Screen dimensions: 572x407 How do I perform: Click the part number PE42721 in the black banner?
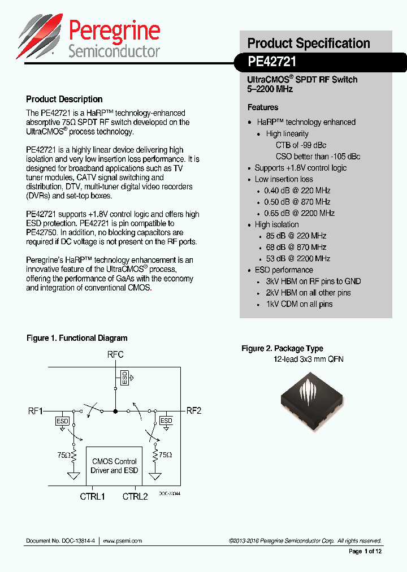[272, 62]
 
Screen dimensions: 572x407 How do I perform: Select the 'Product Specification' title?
[309, 44]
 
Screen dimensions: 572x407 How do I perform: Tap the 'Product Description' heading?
[64, 99]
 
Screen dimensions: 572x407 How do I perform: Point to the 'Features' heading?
[263, 107]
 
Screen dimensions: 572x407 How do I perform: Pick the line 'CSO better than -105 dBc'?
[318, 157]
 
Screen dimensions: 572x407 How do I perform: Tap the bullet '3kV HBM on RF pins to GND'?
[313, 281]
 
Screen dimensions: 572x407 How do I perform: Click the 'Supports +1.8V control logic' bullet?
[300, 168]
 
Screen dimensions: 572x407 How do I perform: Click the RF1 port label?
[36, 410]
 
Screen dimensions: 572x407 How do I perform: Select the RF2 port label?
[194, 410]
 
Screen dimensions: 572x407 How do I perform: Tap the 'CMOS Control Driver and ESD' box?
[115, 466]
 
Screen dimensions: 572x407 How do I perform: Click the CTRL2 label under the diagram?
[135, 496]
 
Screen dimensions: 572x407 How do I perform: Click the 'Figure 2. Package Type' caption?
[282, 348]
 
